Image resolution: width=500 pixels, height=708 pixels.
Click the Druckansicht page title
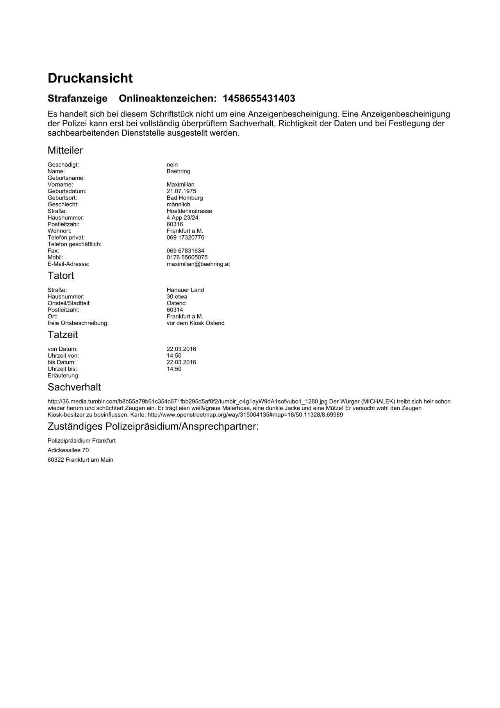pyautogui.click(x=90, y=78)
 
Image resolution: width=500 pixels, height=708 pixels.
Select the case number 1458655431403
pyautogui.click(x=259, y=99)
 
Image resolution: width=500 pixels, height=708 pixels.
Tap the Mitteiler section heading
pyautogui.click(x=65, y=151)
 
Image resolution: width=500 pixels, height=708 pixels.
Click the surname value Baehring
pyautogui.click(x=178, y=171)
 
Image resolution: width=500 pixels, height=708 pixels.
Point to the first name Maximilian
pyautogui.click(x=180, y=185)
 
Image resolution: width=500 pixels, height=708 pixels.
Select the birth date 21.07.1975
pyautogui.click(x=181, y=191)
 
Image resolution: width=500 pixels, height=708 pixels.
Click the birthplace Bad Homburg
pyautogui.click(x=185, y=198)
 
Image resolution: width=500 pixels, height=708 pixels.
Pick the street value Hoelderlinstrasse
pyautogui.click(x=189, y=211)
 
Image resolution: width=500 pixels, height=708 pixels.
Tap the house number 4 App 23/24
pyautogui.click(x=182, y=218)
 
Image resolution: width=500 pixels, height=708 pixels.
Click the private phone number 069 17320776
pyautogui.click(x=185, y=238)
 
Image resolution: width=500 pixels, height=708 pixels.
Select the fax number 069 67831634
pyautogui.click(x=185, y=251)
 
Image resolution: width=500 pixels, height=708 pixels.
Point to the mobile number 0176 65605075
pyautogui.click(x=187, y=258)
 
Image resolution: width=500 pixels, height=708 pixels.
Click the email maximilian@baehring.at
pyautogui.click(x=198, y=264)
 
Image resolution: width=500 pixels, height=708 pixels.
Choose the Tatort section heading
pyautogui.click(x=61, y=276)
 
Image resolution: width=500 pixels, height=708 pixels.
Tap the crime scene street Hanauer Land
pyautogui.click(x=185, y=290)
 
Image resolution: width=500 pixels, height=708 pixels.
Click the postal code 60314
pyautogui.click(x=175, y=310)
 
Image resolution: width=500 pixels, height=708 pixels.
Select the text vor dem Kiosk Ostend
pyautogui.click(x=195, y=323)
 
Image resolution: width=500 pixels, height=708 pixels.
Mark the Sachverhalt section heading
pyautogui.click(x=74, y=387)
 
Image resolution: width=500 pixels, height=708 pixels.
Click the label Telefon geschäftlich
pyautogui.click(x=74, y=244)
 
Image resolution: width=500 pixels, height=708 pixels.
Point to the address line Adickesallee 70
pyautogui.click(x=68, y=450)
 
